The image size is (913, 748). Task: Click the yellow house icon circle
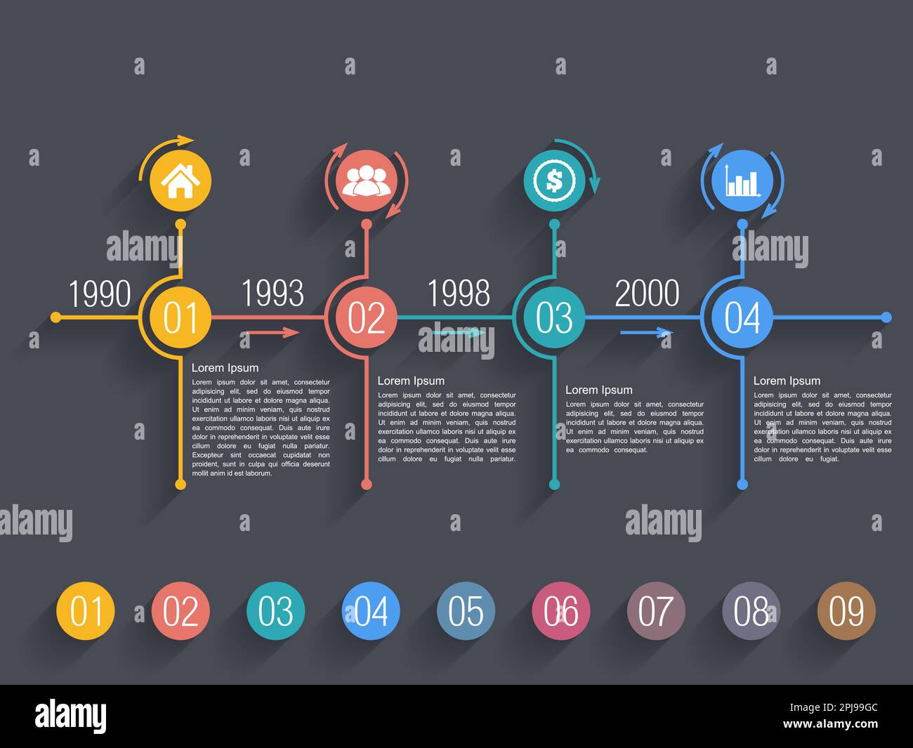pyautogui.click(x=180, y=181)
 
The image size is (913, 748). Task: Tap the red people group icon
pyautogui.click(x=366, y=181)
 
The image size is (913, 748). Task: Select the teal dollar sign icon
pyautogui.click(x=554, y=181)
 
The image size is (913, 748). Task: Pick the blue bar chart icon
pyautogui.click(x=742, y=181)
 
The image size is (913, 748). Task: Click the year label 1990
pyautogui.click(x=100, y=294)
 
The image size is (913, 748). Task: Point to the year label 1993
pyautogui.click(x=272, y=293)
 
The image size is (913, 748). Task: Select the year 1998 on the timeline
pyautogui.click(x=459, y=293)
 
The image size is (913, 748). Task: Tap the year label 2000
pyautogui.click(x=647, y=293)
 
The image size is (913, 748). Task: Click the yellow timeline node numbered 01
pyautogui.click(x=180, y=317)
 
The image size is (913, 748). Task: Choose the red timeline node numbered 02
pyautogui.click(x=366, y=317)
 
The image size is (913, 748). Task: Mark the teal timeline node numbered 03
pyautogui.click(x=554, y=317)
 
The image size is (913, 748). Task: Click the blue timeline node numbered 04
pyautogui.click(x=742, y=317)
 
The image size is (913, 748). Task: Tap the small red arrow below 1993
pyautogui.click(x=273, y=332)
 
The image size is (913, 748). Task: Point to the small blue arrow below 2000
pyautogui.click(x=646, y=332)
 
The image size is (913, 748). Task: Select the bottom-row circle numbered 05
pyautogui.click(x=466, y=611)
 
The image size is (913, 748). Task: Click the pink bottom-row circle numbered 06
pyautogui.click(x=560, y=611)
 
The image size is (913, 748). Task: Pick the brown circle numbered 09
pyautogui.click(x=846, y=611)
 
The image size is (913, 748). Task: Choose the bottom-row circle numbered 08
pyautogui.click(x=751, y=611)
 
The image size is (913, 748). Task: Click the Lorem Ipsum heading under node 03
pyautogui.click(x=598, y=390)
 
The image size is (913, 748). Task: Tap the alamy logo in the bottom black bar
pyautogui.click(x=71, y=716)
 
